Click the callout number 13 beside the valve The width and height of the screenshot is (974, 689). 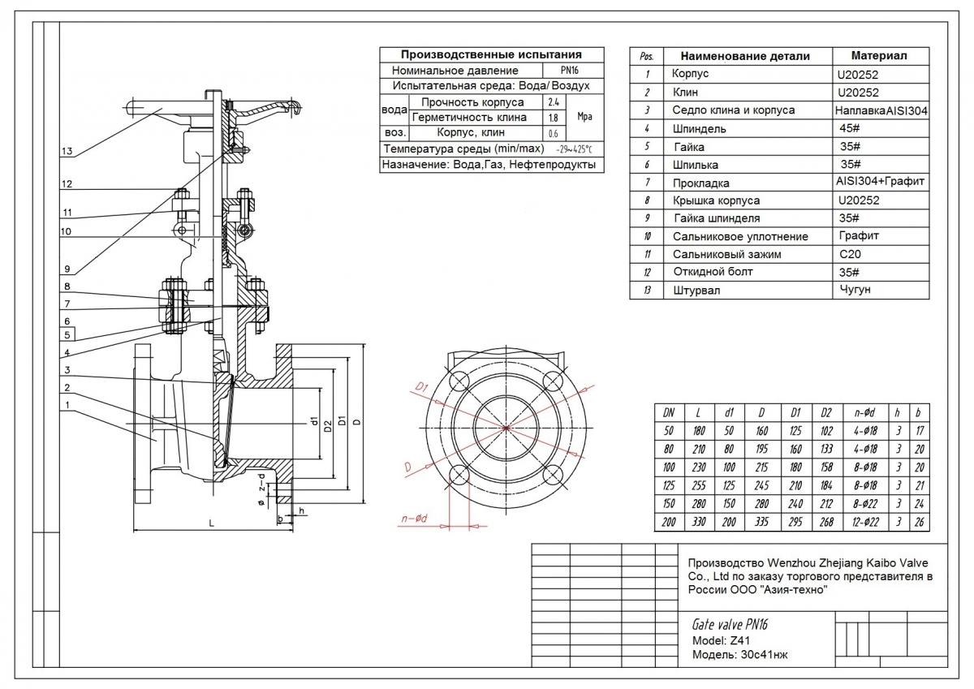(x=67, y=152)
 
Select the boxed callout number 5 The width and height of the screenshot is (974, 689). (x=68, y=333)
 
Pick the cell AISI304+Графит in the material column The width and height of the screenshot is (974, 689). (x=880, y=182)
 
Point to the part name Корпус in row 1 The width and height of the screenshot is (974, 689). (x=691, y=74)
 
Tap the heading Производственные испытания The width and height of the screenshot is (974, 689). (x=492, y=54)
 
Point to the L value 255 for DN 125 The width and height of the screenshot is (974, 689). (x=699, y=486)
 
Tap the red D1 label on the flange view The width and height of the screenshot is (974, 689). (x=420, y=389)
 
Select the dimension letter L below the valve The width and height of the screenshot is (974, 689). (x=211, y=524)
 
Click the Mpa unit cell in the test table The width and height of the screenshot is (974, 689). (x=584, y=117)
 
